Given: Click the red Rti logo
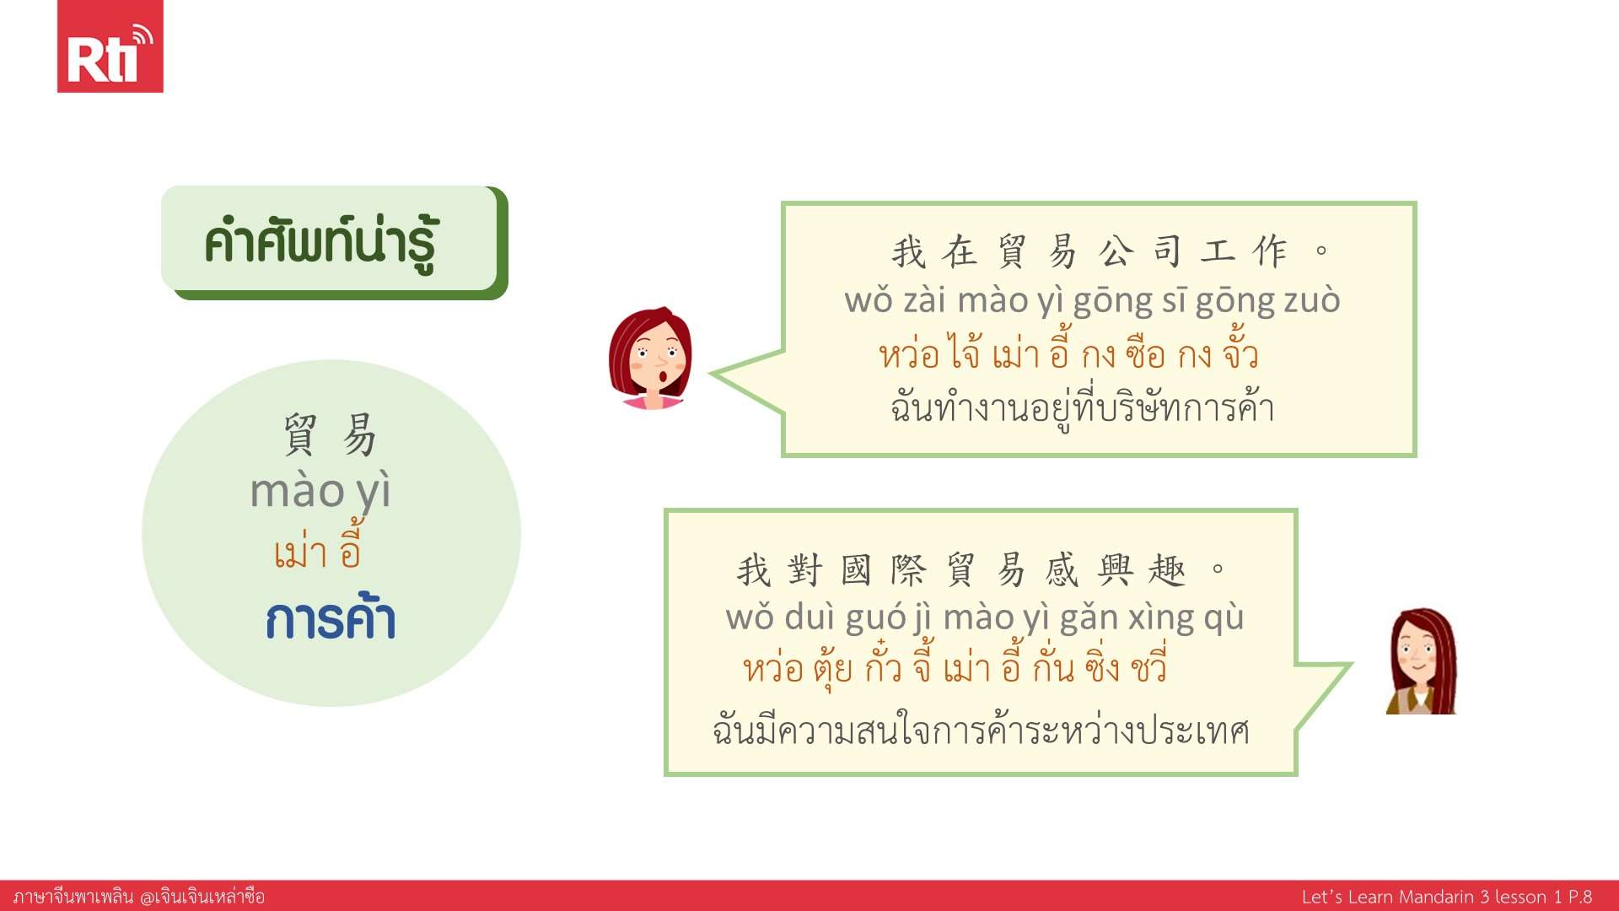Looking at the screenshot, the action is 110,46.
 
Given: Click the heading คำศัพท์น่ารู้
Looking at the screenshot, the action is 320,243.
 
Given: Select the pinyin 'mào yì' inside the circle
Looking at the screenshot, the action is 320,492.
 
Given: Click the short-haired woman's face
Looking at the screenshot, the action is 650,358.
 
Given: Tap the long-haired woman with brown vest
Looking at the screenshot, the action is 1422,661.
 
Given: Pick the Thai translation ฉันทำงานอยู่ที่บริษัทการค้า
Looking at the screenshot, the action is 1082,408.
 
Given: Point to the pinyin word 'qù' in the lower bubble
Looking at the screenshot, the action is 1224,618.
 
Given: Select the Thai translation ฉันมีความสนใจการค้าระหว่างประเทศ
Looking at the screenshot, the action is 981,729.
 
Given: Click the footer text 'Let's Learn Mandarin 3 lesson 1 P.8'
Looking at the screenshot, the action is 1447,897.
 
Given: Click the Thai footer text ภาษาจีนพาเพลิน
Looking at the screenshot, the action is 73,897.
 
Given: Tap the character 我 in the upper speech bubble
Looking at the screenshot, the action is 909,252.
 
